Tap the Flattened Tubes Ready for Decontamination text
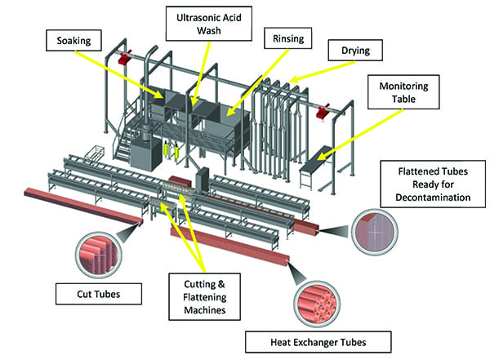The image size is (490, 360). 433,184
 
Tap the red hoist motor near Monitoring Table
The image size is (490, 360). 323,108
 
